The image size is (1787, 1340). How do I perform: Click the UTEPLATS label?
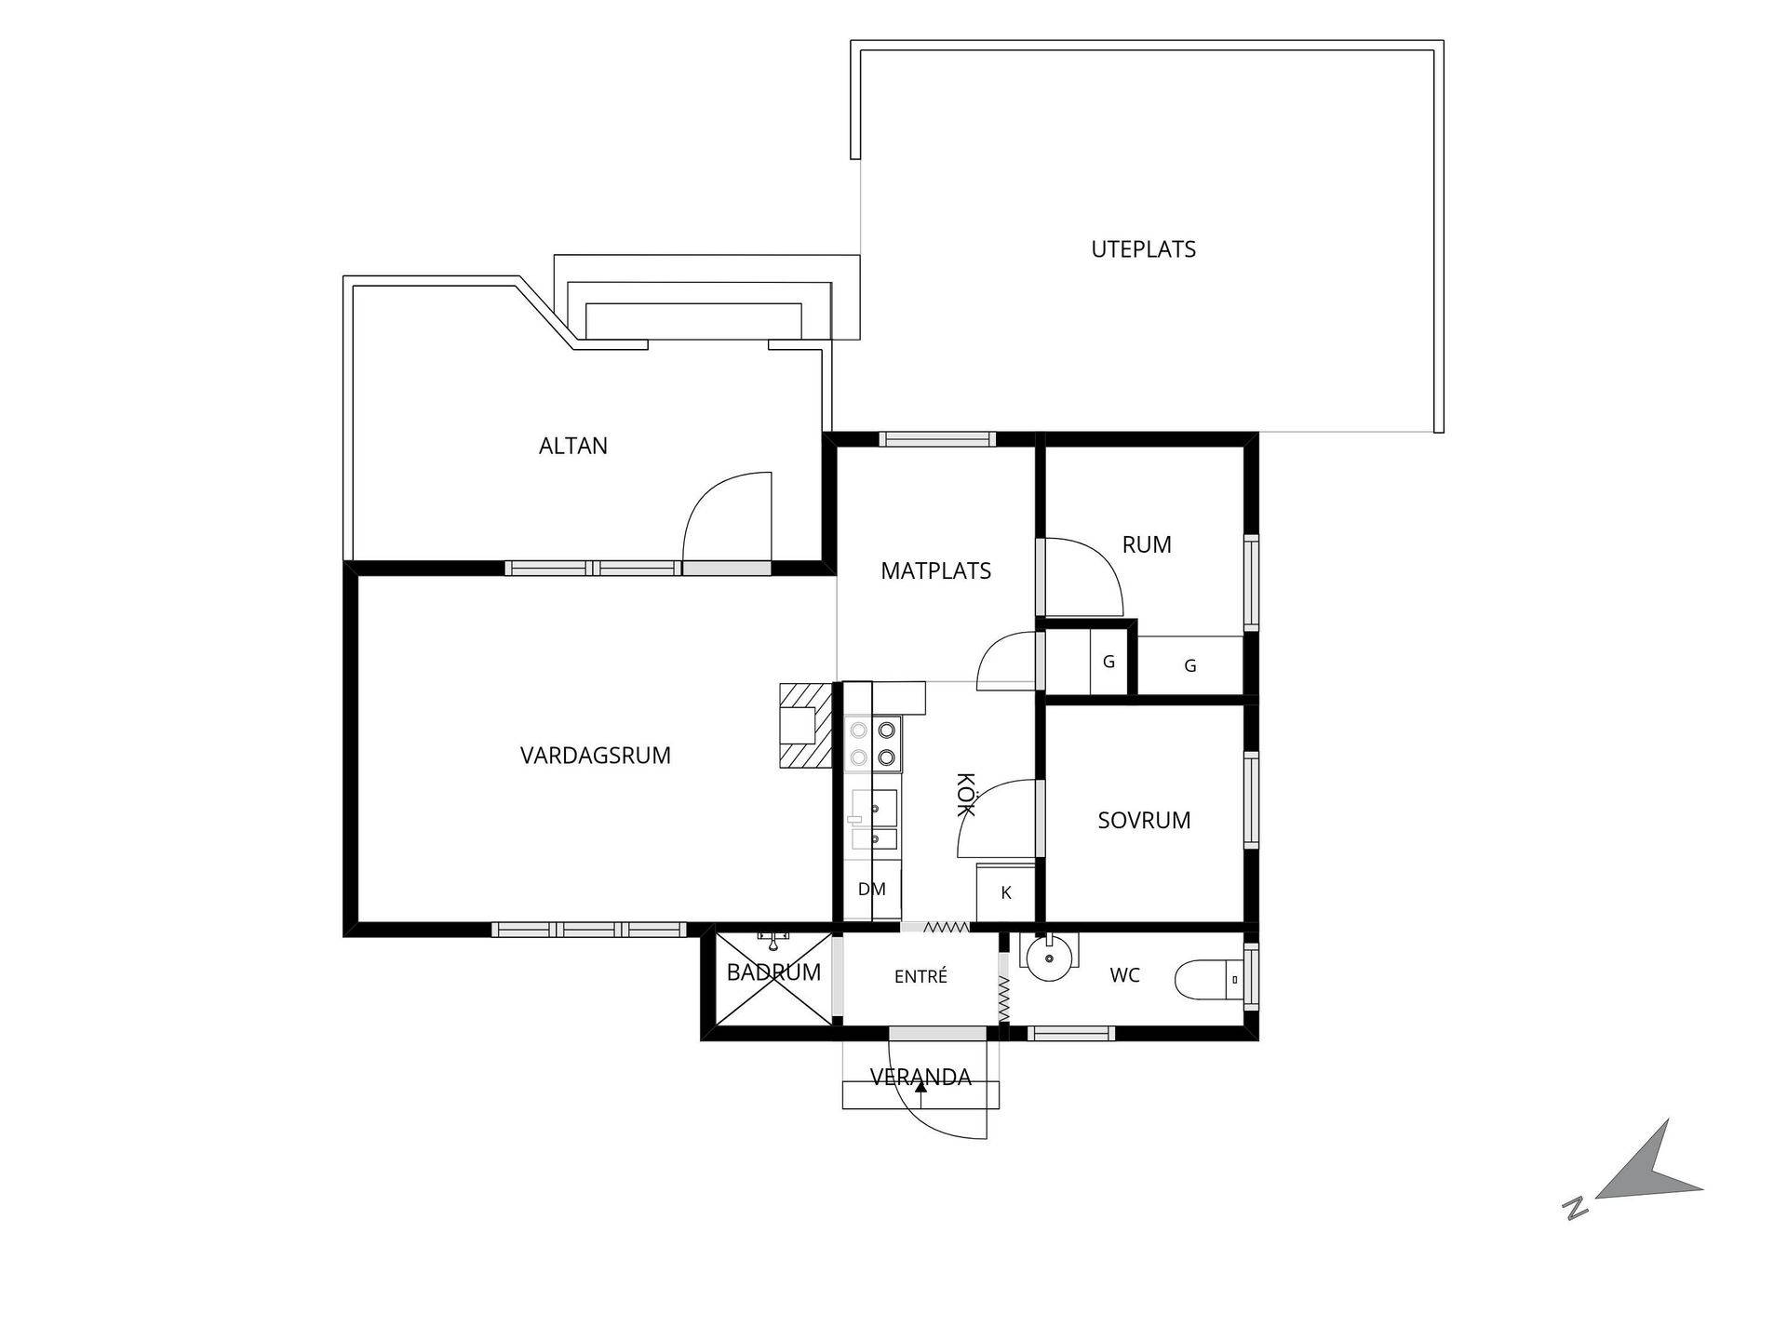coord(1143,249)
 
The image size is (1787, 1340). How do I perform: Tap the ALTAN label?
coord(573,446)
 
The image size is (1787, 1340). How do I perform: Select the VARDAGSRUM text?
coord(596,756)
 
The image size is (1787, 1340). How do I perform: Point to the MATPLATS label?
coord(936,570)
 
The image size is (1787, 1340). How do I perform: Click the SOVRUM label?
coord(1144,821)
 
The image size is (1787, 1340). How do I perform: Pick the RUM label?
coord(1147,544)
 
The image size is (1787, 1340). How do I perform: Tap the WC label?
coord(1125,975)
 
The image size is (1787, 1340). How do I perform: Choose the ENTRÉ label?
coord(920,976)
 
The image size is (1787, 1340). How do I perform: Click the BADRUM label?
coord(773,972)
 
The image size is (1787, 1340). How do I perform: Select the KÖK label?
coord(965,795)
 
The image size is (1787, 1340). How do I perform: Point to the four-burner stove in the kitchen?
coord(873,744)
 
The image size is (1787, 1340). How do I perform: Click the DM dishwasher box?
coord(872,890)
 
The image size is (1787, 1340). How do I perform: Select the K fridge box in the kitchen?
coord(1005,892)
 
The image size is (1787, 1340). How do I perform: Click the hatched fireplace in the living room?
coord(805,726)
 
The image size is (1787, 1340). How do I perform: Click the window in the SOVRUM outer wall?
coord(1252,799)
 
